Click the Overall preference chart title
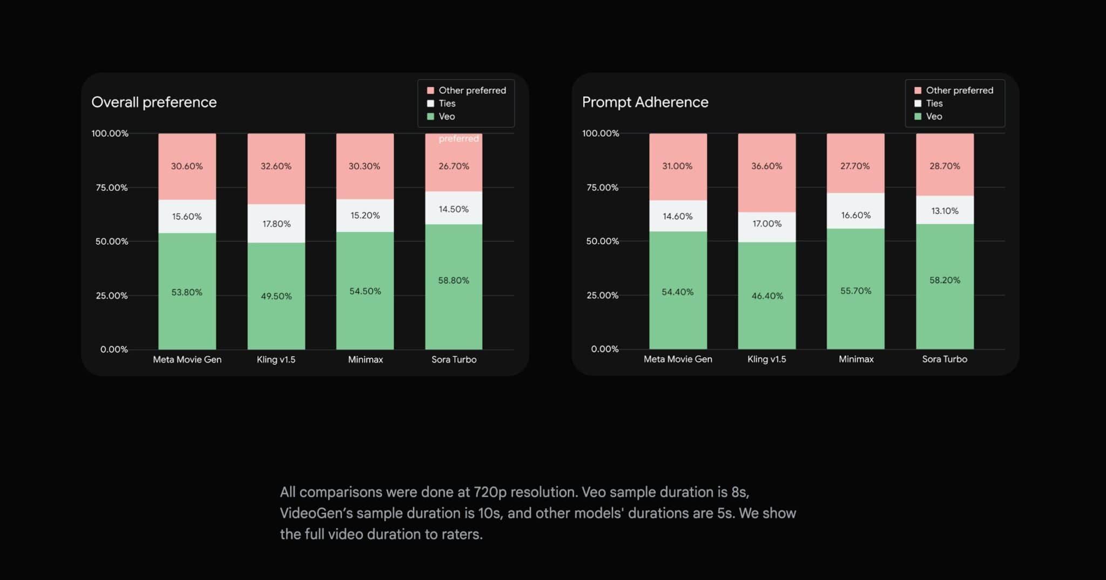click(x=154, y=102)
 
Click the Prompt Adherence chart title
click(x=645, y=102)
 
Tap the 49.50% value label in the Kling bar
click(x=276, y=296)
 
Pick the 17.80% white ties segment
click(x=276, y=224)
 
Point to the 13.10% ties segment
click(x=945, y=211)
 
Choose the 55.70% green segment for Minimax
click(x=855, y=291)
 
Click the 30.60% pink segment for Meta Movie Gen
click(x=187, y=166)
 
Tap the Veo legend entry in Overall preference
click(x=447, y=117)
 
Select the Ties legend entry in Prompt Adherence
click(x=934, y=103)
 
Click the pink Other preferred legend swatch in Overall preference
click(x=430, y=90)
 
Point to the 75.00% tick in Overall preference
click(x=112, y=188)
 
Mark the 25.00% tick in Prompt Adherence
click(x=603, y=295)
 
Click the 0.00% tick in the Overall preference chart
click(x=114, y=349)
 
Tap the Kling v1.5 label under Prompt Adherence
click(x=766, y=359)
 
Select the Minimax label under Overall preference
click(x=365, y=359)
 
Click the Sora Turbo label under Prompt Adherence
click(x=945, y=359)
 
